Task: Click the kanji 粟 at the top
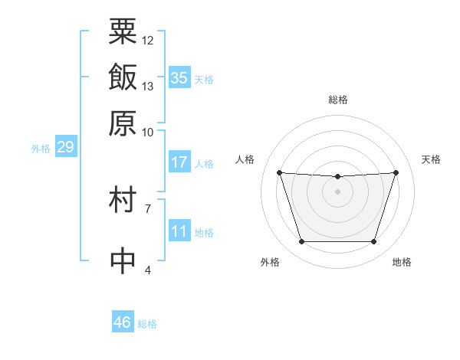[123, 31]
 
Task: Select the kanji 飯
[123, 77]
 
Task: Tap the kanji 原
[123, 123]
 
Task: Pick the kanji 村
[123, 199]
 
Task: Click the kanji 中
[123, 260]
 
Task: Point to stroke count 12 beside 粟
[147, 41]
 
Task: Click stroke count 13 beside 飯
[147, 87]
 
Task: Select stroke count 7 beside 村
[148, 209]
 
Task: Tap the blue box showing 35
[179, 77]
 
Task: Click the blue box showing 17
[179, 162]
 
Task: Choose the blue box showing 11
[179, 230]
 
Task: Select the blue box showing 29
[66, 146]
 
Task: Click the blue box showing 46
[123, 321]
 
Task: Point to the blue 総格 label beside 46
[147, 324]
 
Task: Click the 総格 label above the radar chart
[338, 100]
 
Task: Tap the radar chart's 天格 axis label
[431, 159]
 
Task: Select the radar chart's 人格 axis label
[245, 159]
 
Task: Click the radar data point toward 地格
[374, 241]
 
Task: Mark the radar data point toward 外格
[302, 241]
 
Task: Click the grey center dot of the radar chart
[337, 191]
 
